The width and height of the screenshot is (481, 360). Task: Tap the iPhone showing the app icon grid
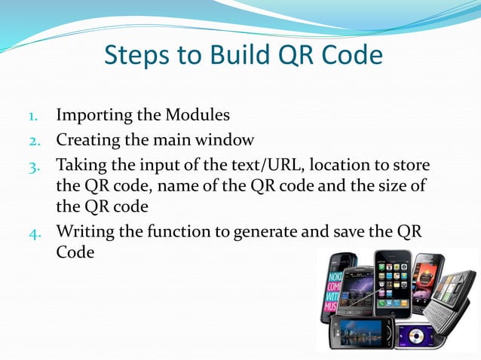(394, 279)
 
